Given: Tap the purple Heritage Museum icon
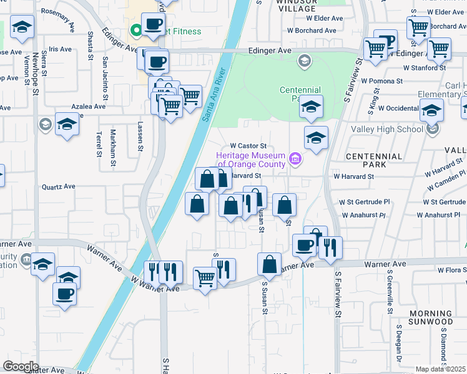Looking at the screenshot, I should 296,160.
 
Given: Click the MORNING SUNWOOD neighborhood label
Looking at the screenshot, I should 431,317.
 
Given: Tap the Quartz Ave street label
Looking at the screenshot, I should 58,186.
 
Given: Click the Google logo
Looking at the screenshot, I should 21,367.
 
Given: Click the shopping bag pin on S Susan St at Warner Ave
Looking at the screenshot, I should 270,264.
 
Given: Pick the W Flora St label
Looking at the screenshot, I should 451,271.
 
